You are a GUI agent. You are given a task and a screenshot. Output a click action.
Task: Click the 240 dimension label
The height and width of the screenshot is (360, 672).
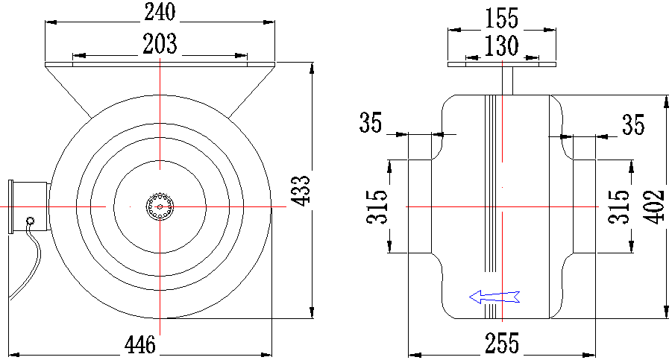(160, 12)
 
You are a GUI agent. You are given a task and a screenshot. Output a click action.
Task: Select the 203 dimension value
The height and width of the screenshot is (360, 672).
(160, 44)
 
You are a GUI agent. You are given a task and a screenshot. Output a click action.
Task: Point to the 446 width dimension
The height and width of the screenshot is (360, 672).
(140, 344)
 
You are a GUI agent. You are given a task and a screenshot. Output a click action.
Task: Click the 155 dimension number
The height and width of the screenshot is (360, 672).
(501, 19)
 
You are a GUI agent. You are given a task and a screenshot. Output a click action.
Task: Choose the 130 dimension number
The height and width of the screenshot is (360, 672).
(501, 45)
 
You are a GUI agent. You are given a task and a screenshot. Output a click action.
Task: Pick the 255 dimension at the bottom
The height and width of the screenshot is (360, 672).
(502, 344)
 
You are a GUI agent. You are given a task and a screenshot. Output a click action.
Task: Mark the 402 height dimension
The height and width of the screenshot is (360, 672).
(654, 206)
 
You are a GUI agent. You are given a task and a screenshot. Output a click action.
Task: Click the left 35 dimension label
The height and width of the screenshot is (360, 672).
(370, 122)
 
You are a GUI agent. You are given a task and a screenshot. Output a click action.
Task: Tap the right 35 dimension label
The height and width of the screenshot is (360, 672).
(633, 124)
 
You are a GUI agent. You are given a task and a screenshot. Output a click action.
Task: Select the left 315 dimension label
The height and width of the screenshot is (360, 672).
(377, 206)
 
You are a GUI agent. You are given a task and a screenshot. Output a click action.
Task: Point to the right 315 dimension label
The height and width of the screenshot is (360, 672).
(619, 206)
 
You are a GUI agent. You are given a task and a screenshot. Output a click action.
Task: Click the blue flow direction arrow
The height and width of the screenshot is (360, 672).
(494, 297)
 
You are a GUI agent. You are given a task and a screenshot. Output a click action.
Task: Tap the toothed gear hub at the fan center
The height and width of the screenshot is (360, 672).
(160, 207)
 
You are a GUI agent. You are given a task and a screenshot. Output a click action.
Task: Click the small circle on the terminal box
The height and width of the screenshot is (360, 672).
(30, 221)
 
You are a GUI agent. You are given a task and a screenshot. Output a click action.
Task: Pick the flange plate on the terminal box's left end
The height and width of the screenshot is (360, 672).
(10, 206)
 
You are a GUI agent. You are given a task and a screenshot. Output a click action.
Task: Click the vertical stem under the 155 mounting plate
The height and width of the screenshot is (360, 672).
(507, 80)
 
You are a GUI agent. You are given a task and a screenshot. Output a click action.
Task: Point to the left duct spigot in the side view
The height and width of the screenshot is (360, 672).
(420, 206)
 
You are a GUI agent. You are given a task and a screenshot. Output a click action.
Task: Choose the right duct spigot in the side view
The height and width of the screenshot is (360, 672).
(584, 206)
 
